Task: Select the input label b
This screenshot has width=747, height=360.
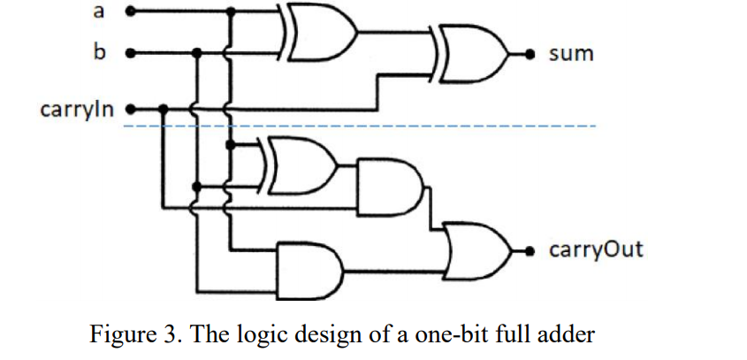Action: [97, 53]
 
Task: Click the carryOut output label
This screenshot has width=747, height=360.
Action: [596, 249]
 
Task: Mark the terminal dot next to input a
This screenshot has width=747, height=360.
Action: [131, 12]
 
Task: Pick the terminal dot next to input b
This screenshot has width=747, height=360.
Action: [131, 53]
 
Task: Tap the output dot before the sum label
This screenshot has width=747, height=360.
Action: [531, 54]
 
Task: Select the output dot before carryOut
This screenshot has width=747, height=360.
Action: [531, 249]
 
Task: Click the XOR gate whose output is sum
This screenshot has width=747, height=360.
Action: [473, 54]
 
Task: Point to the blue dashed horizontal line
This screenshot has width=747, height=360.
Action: [442, 126]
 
